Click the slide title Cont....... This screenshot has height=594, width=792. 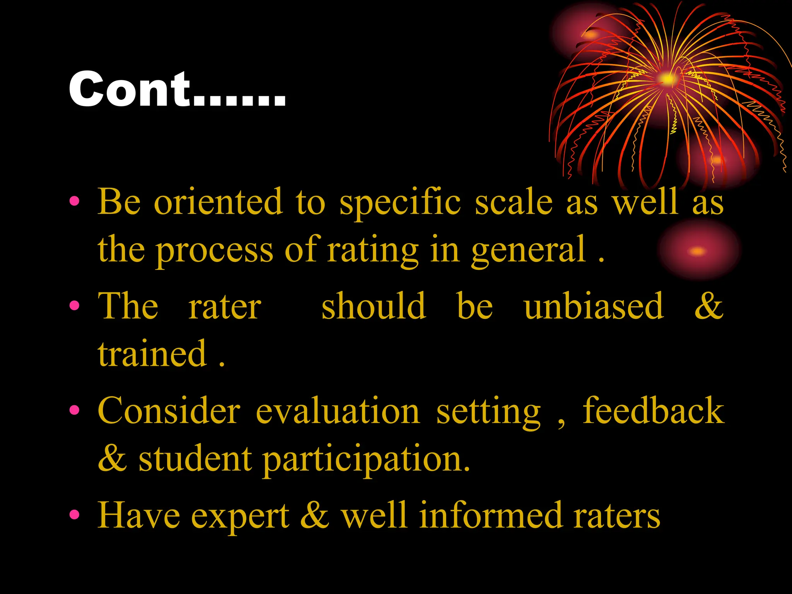pyautogui.click(x=177, y=90)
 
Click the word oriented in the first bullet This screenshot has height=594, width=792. pyautogui.click(x=218, y=202)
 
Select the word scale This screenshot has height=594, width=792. pyautogui.click(x=514, y=202)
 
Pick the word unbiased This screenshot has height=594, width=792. pyautogui.click(x=594, y=306)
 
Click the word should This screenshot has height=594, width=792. pyautogui.click(x=374, y=306)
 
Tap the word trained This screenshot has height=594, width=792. pyautogui.click(x=152, y=353)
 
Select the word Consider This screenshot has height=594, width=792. pyautogui.click(x=169, y=411)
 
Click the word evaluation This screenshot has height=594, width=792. pyautogui.click(x=338, y=411)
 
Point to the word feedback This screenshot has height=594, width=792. pyautogui.click(x=653, y=411)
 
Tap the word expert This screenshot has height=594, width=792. pyautogui.click(x=240, y=517)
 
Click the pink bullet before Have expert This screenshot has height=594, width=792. pyautogui.click(x=74, y=515)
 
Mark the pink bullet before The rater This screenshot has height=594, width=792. pyautogui.click(x=74, y=306)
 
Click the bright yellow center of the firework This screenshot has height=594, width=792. pyautogui.click(x=667, y=79)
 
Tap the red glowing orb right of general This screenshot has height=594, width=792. pyautogui.click(x=698, y=250)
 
